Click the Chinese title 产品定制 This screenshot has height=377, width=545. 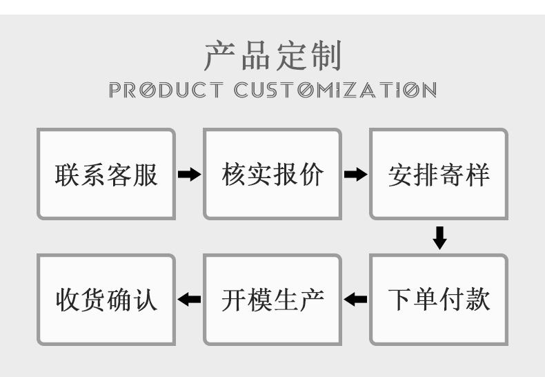[272, 56]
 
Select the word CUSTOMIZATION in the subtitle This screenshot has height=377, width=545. [335, 90]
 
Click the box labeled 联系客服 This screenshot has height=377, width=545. [106, 174]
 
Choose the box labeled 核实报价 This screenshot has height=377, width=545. [272, 174]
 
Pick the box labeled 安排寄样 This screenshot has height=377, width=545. [439, 174]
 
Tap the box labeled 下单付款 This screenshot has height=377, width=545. [439, 300]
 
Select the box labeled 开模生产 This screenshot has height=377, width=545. [272, 300]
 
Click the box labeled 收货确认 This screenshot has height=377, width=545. [106, 300]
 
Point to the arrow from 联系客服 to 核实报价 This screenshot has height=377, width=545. [189, 175]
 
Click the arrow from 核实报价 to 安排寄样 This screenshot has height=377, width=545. [355, 175]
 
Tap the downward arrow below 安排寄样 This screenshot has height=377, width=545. [439, 238]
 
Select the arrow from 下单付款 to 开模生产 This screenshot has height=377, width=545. [355, 300]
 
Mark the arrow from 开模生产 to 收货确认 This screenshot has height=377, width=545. [189, 300]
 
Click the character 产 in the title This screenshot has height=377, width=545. [220, 56]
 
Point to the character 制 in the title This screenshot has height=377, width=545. [325, 56]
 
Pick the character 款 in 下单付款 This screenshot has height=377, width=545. [477, 300]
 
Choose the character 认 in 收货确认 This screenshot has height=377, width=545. [145, 300]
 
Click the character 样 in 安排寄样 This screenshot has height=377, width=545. [477, 175]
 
